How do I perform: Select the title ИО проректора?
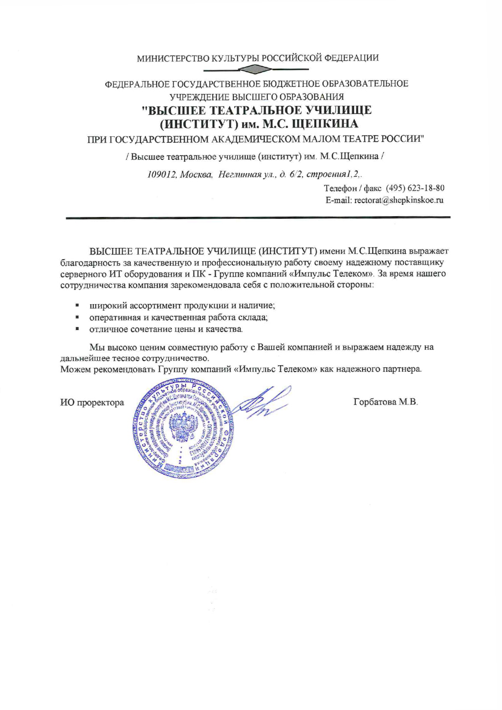(92, 403)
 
